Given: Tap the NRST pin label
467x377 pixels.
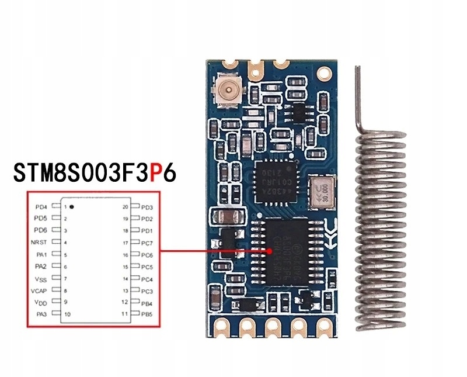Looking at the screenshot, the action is [40, 242].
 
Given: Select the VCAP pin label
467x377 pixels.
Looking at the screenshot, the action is [40, 290].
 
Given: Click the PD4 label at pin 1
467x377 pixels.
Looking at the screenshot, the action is [40, 206].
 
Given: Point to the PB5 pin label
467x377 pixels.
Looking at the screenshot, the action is [146, 314].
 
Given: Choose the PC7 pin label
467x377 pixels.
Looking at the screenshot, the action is [146, 242].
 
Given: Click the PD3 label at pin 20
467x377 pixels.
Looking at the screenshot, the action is [146, 206].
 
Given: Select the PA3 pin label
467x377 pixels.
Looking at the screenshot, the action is [41, 314].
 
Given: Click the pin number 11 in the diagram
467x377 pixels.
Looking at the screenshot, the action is [125, 314].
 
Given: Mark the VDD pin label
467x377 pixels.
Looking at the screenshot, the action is [40, 302].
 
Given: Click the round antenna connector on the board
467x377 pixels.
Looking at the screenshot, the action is [227, 90].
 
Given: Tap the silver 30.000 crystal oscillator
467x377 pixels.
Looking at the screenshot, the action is [323, 193].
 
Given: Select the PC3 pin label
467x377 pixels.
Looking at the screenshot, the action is [146, 290].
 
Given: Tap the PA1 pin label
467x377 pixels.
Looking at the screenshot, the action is [41, 254].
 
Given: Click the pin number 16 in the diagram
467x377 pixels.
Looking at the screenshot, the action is [125, 255].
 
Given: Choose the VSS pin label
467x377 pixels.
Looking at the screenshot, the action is [40, 278].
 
